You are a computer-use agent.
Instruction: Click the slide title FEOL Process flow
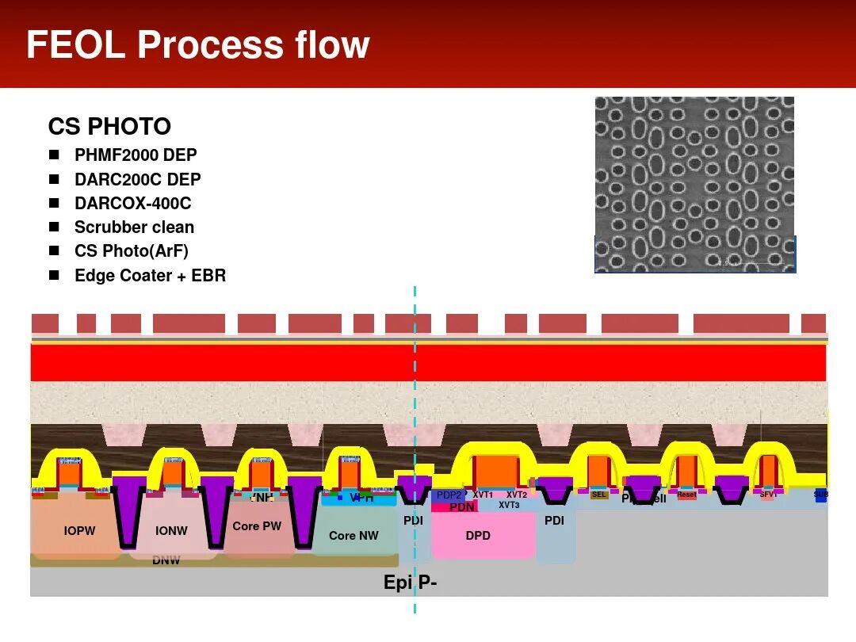(197, 45)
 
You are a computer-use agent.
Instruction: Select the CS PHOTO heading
(109, 127)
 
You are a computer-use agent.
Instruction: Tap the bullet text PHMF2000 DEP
(136, 155)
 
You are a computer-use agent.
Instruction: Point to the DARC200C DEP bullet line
(137, 179)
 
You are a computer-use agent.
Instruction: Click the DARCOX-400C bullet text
(132, 203)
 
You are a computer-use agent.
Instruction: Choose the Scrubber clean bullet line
(134, 227)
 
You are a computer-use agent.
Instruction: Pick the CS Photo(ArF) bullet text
(132, 251)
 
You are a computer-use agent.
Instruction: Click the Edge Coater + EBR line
(150, 276)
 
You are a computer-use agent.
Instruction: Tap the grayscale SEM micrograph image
(694, 184)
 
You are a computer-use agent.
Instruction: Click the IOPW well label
(79, 531)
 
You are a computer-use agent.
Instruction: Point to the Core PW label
(257, 526)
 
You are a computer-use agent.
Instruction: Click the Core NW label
(353, 536)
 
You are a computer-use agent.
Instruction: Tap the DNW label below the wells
(166, 560)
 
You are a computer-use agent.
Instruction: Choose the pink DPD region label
(478, 536)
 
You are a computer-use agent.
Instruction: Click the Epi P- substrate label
(411, 583)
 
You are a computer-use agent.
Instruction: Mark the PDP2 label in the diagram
(449, 495)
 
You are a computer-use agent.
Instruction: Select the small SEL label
(599, 495)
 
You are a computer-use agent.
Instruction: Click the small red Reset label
(686, 495)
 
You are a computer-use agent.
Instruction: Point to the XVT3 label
(509, 505)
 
